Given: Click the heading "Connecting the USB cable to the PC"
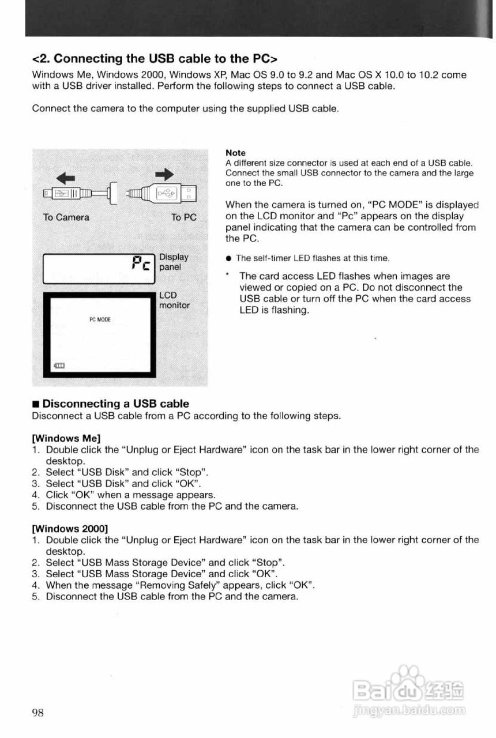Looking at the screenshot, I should pyautogui.click(x=156, y=59).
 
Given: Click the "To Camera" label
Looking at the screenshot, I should pyautogui.click(x=66, y=217).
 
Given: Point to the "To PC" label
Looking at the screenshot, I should pyautogui.click(x=184, y=217).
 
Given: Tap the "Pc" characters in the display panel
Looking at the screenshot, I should pyautogui.click(x=142, y=265).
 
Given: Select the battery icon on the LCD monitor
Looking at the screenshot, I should pyautogui.click(x=60, y=366).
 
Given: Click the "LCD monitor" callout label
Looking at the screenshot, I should pyautogui.click(x=174, y=300).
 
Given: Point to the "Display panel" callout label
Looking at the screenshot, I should pyautogui.click(x=173, y=262).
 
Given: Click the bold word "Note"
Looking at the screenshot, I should pyautogui.click(x=235, y=153).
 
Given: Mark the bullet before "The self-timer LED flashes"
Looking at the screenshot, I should pyautogui.click(x=229, y=258).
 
